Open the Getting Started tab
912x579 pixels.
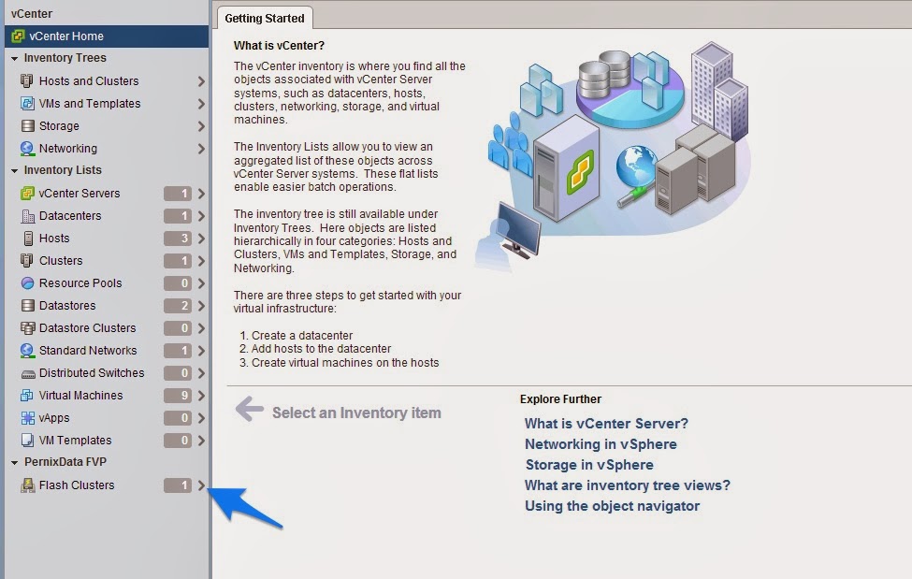coord(265,18)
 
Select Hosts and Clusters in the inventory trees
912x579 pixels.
coord(89,80)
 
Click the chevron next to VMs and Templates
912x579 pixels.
coord(201,104)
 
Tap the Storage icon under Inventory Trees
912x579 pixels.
coord(27,125)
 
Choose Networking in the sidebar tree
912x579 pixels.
coord(68,149)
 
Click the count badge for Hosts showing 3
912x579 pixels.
coord(178,238)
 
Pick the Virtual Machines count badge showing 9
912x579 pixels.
coord(178,395)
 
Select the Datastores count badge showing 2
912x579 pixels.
coord(178,306)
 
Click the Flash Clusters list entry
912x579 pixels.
coord(77,485)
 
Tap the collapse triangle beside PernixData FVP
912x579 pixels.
coord(15,463)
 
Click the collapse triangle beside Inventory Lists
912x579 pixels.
coord(15,170)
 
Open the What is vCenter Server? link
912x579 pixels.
coord(606,423)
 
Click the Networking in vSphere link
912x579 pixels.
coord(601,444)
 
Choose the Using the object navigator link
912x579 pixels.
coord(612,506)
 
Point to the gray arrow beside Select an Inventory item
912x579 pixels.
coord(250,409)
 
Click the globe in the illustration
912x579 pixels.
coord(635,166)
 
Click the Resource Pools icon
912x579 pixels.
coord(27,282)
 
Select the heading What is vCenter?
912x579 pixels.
coord(279,46)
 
